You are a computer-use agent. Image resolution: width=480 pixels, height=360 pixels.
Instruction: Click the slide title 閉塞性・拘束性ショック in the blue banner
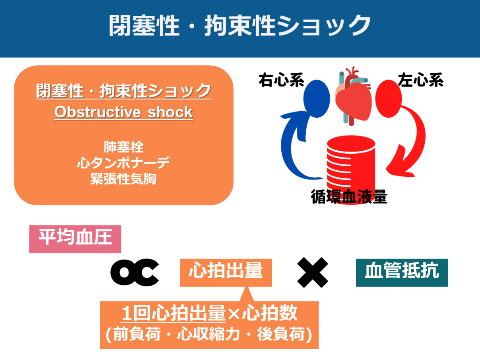pyautogui.click(x=240, y=26)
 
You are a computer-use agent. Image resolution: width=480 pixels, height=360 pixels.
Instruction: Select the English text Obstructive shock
pyautogui.click(x=124, y=112)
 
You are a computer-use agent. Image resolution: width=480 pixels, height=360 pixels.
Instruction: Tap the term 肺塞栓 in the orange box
pyautogui.click(x=124, y=147)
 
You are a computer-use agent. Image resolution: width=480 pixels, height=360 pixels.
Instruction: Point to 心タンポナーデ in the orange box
pyautogui.click(x=124, y=163)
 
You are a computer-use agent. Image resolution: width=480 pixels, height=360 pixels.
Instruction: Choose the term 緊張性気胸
pyautogui.click(x=124, y=179)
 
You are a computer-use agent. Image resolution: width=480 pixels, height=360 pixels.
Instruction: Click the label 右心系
pyautogui.click(x=281, y=80)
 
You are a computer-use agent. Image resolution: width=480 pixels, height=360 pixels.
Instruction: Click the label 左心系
pyautogui.click(x=420, y=80)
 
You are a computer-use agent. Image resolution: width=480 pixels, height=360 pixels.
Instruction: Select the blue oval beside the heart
pyautogui.click(x=316, y=99)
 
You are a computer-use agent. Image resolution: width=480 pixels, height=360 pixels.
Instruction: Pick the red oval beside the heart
pyautogui.click(x=389, y=99)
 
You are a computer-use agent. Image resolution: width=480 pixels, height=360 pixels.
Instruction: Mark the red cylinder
pyautogui.click(x=351, y=165)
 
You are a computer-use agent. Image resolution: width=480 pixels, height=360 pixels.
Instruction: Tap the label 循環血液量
pyautogui.click(x=349, y=196)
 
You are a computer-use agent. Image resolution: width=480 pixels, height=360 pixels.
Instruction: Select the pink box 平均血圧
pyautogui.click(x=75, y=240)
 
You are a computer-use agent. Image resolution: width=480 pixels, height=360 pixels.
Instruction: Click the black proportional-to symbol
pyautogui.click(x=134, y=272)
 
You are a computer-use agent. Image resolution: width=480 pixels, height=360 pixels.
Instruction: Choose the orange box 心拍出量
pyautogui.click(x=226, y=272)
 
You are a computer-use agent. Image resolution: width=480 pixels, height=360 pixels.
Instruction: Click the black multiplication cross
pyautogui.click(x=312, y=272)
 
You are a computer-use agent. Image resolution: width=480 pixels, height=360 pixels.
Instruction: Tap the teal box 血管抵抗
pyautogui.click(x=402, y=272)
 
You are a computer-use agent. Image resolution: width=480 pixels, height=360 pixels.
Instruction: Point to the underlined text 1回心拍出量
pyautogui.click(x=174, y=313)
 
